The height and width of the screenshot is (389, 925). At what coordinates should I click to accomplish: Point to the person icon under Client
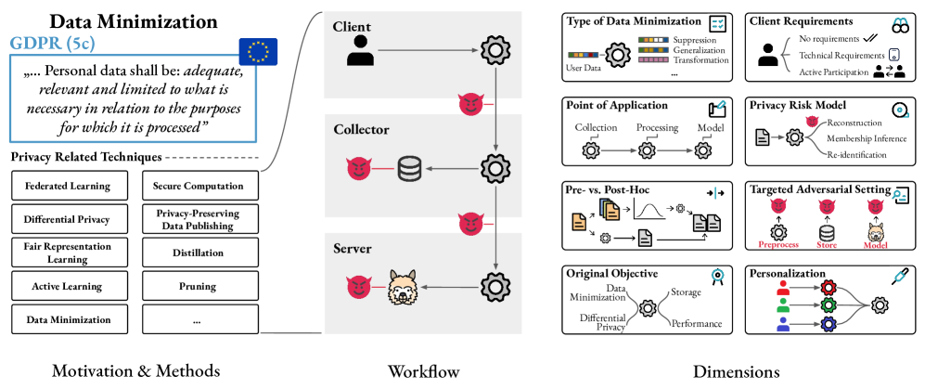[358, 51]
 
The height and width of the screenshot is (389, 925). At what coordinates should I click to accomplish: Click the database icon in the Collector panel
[409, 168]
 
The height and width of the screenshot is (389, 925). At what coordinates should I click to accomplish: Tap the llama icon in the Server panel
[405, 287]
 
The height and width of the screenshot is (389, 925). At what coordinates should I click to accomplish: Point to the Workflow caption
[423, 371]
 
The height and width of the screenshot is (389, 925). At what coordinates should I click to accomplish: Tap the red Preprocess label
[777, 247]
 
